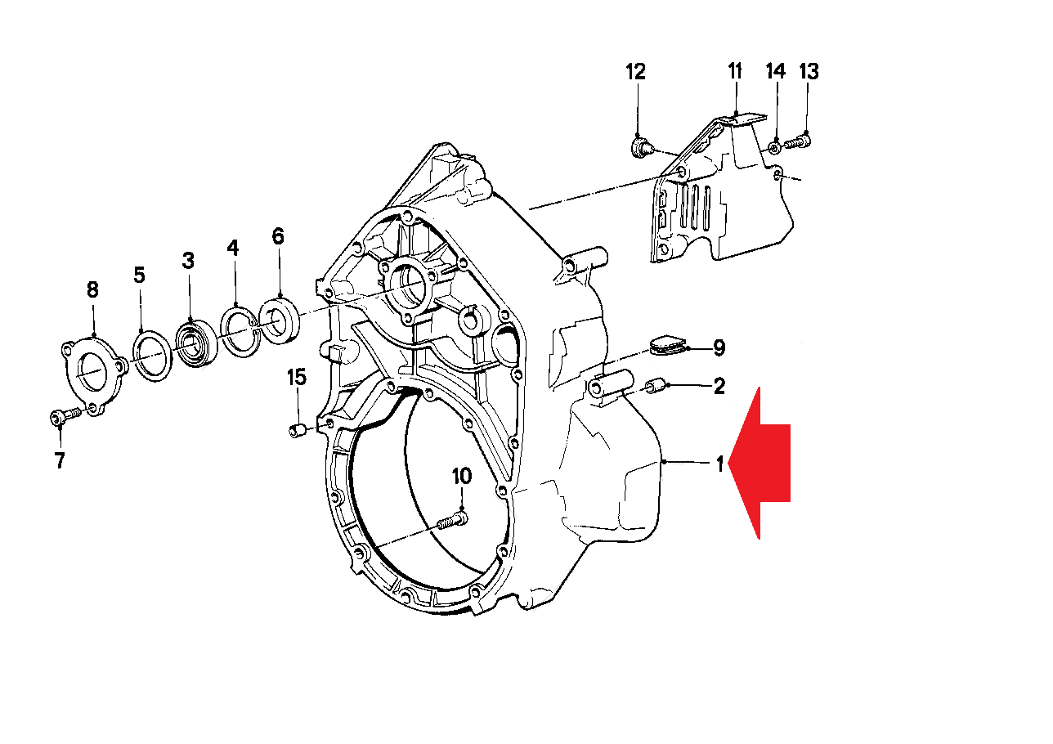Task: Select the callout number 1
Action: [719, 464]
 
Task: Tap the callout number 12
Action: [636, 72]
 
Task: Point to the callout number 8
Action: [92, 289]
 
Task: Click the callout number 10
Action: [462, 476]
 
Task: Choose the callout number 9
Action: [719, 348]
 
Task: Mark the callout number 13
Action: [809, 72]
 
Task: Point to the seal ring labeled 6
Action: [280, 319]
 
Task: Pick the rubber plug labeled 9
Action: [670, 346]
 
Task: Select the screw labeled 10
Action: [452, 520]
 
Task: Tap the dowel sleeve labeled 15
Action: [298, 430]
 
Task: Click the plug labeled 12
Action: [640, 148]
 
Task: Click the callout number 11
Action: [734, 72]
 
